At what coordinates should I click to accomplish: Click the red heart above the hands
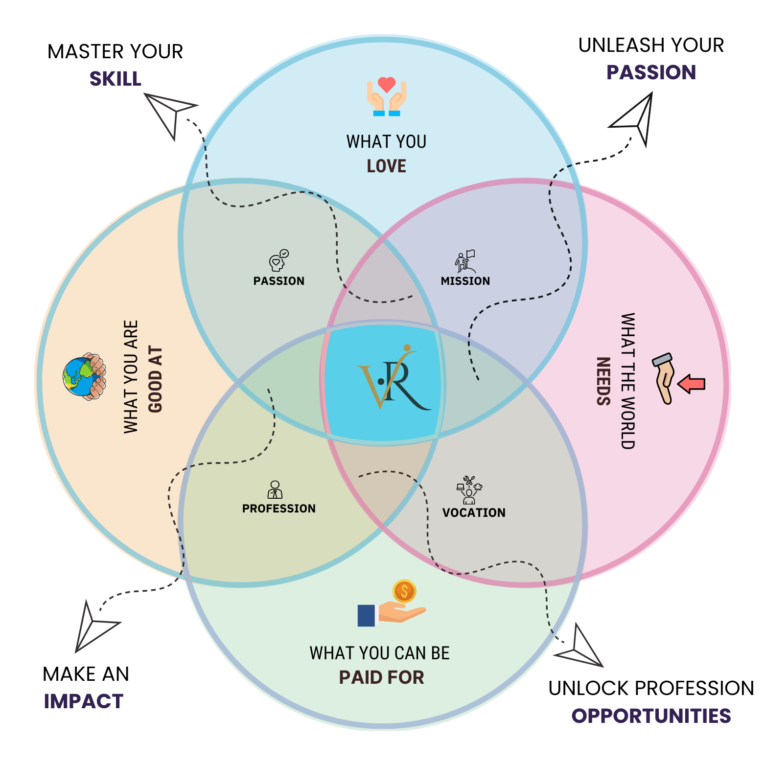coord(387,85)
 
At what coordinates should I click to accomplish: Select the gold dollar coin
coord(404,591)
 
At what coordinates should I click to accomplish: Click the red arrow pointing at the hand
coord(692,384)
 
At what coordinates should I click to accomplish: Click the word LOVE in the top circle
coord(387,166)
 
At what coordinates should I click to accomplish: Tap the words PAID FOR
coord(382,677)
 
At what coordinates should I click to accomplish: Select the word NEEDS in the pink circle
coord(603,381)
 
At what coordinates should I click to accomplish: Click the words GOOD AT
coord(155,380)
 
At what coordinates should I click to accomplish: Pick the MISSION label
coord(465,281)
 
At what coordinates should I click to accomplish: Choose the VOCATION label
coord(474,512)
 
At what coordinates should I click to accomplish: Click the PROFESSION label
coord(279,509)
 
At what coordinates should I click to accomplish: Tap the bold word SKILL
coord(116,79)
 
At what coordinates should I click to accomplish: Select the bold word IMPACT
coord(84,701)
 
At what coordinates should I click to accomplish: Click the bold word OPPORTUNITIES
coord(651,716)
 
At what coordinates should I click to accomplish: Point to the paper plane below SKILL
coord(169,113)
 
